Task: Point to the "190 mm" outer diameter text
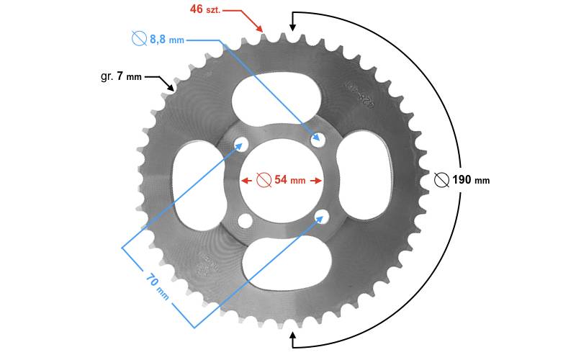pyautogui.click(x=471, y=179)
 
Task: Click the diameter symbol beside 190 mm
pyautogui.click(x=443, y=179)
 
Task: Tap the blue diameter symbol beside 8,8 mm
pyautogui.click(x=140, y=40)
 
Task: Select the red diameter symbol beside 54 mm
pyautogui.click(x=264, y=179)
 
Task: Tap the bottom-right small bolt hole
pyautogui.click(x=323, y=215)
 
